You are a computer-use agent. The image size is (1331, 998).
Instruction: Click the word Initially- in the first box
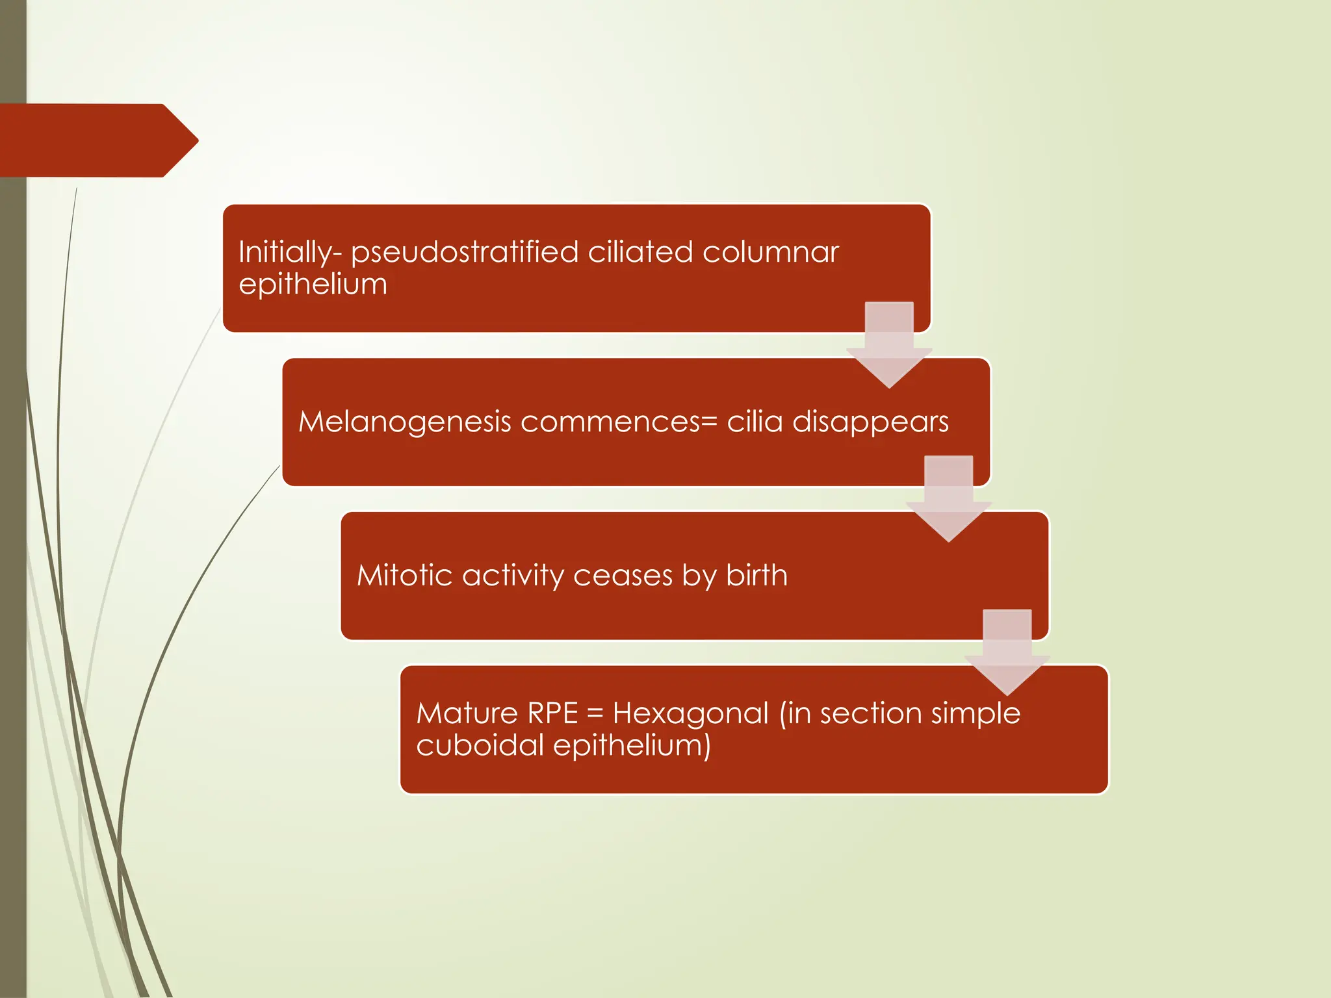[x=291, y=253]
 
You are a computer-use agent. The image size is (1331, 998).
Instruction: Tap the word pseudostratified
[x=465, y=253]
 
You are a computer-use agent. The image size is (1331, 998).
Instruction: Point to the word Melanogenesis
[x=405, y=422]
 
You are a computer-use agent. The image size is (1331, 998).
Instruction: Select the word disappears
[x=870, y=422]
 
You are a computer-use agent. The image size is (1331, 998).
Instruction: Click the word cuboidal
[x=480, y=745]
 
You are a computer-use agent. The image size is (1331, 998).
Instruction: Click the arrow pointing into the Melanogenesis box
[x=889, y=345]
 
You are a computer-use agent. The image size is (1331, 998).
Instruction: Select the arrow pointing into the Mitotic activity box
[x=949, y=499]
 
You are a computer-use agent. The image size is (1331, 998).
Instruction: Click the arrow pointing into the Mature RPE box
[x=1007, y=652]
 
